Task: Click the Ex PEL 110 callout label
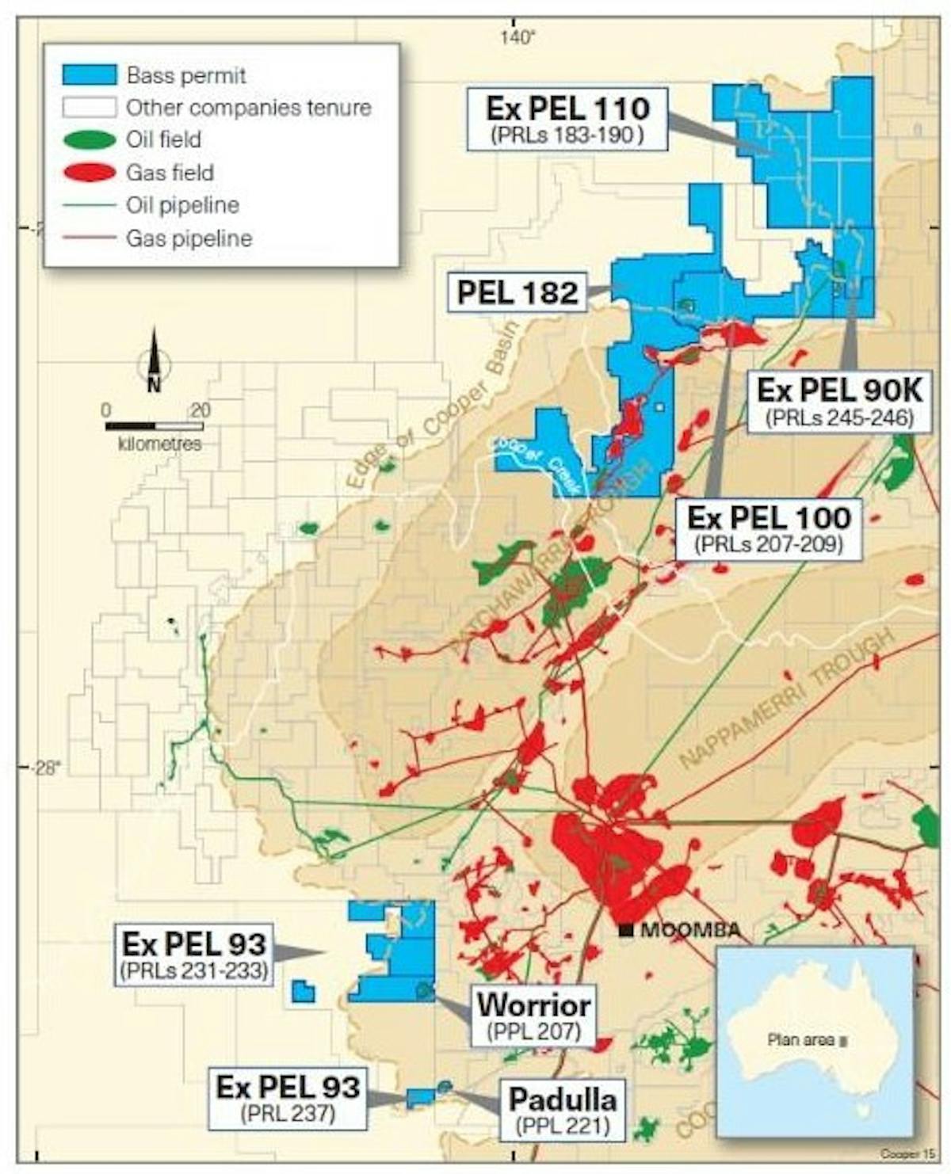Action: [x=567, y=119]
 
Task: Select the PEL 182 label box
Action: [x=518, y=292]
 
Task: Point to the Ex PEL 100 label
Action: [x=769, y=528]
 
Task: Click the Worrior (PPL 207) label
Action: [x=533, y=1015]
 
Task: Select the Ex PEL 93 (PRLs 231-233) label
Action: [x=193, y=954]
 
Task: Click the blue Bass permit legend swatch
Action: [x=90, y=74]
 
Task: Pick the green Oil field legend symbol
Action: [x=90, y=140]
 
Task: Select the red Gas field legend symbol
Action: [x=90, y=173]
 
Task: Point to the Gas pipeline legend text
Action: [x=189, y=238]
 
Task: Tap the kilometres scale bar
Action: [x=154, y=427]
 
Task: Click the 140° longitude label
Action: [x=518, y=36]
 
